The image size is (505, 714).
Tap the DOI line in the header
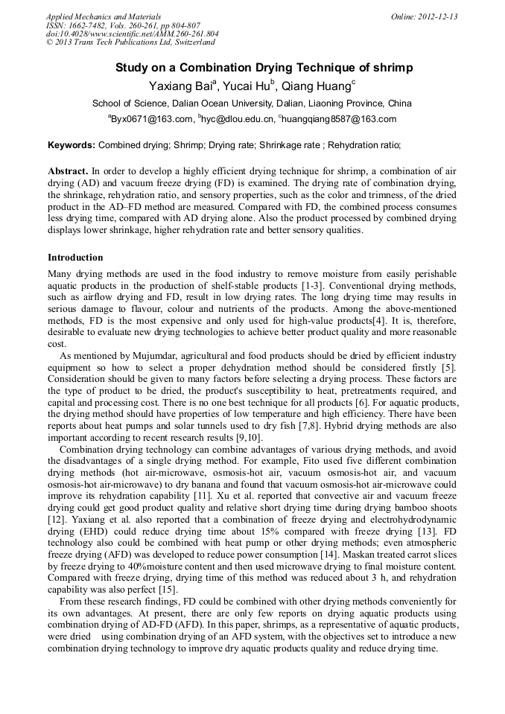pos(132,34)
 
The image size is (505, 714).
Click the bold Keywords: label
pos(72,145)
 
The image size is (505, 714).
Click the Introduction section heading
pos(75,258)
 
